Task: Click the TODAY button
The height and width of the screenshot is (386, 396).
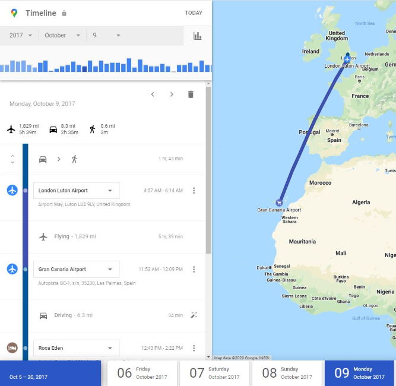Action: [194, 13]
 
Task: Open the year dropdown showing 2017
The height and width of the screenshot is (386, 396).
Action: [21, 36]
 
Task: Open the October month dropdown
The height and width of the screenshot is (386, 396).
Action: [62, 36]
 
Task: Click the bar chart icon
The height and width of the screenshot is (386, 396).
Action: [197, 36]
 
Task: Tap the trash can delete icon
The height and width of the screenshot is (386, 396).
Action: [191, 94]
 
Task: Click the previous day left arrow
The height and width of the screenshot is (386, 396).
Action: [153, 94]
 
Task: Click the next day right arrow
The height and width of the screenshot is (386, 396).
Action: [172, 94]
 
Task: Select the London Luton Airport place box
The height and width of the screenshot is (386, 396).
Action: [76, 191]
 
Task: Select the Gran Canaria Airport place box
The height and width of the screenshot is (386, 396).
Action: [76, 269]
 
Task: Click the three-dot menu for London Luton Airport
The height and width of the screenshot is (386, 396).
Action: [194, 191]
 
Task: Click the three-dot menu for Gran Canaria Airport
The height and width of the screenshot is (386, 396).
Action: [194, 269]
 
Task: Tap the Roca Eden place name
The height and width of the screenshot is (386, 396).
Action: [51, 348]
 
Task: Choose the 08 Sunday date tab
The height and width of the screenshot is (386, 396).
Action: [287, 373]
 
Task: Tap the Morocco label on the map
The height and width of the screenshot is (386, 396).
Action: [319, 182]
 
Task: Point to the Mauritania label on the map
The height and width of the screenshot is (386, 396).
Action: [302, 242]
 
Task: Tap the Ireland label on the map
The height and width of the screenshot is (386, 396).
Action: [311, 52]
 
